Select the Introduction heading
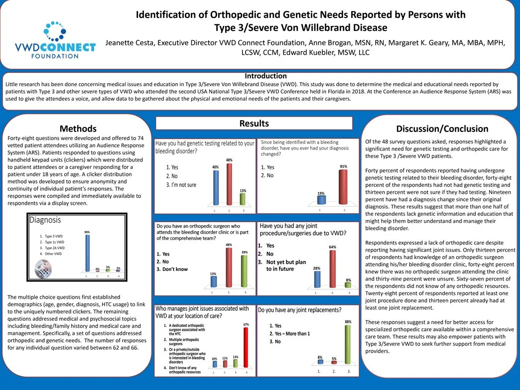point(265,76)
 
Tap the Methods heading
point(78,129)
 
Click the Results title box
point(254,124)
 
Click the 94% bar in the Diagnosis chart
point(87,253)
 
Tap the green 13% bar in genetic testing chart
point(243,199)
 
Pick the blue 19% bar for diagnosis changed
point(321,200)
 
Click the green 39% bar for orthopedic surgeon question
point(244,271)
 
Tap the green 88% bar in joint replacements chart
point(348,346)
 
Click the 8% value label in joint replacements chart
point(320,357)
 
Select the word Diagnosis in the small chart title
point(45,220)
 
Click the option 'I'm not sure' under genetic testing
point(181,185)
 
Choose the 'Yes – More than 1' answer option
point(289,334)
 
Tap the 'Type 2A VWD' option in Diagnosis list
point(54,248)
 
